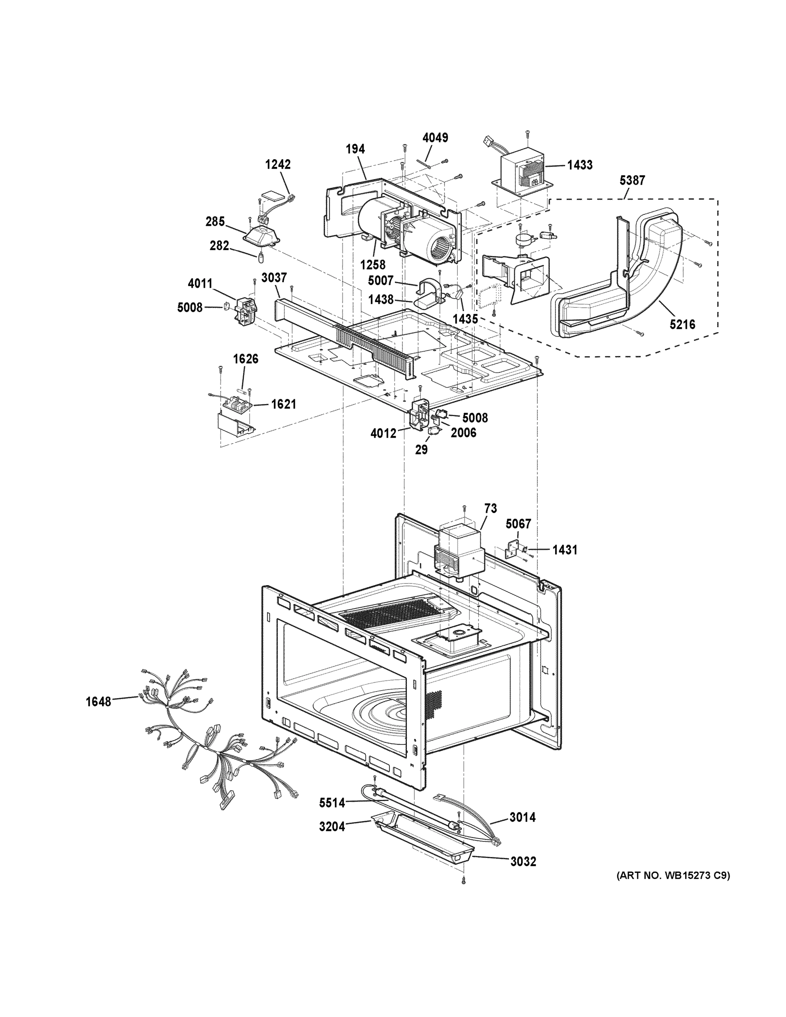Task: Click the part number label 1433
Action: tap(580, 165)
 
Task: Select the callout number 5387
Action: tap(632, 180)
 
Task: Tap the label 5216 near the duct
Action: tap(682, 324)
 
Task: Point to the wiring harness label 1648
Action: tap(98, 701)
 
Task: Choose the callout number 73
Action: tap(490, 508)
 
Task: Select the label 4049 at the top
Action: tap(436, 138)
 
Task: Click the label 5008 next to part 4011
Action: tap(189, 307)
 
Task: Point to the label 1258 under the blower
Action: tap(372, 264)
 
